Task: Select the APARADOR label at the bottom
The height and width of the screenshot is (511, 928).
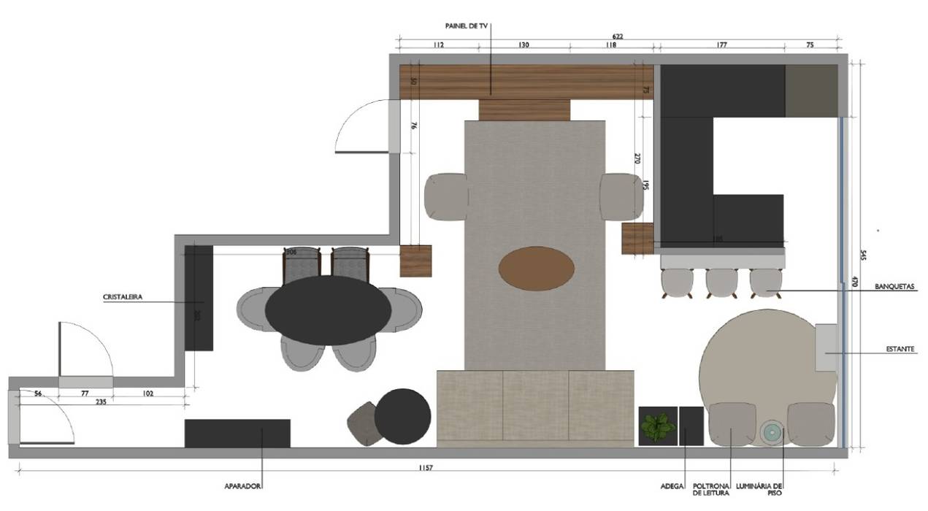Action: point(243,485)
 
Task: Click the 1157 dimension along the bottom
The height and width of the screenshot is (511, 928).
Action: point(426,468)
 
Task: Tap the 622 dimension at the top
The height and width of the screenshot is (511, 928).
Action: point(617,35)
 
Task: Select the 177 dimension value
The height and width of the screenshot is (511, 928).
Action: point(721,45)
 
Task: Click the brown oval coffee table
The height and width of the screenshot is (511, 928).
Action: point(536,269)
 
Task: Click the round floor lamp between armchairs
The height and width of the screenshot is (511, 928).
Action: point(771,432)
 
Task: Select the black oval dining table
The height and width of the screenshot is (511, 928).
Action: point(327,310)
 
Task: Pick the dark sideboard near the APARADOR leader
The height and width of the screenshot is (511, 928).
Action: point(237,433)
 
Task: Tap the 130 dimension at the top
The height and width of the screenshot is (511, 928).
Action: point(524,45)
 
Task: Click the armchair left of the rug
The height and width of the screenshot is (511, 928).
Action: point(446,196)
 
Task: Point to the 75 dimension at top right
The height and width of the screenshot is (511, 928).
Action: point(810,45)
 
